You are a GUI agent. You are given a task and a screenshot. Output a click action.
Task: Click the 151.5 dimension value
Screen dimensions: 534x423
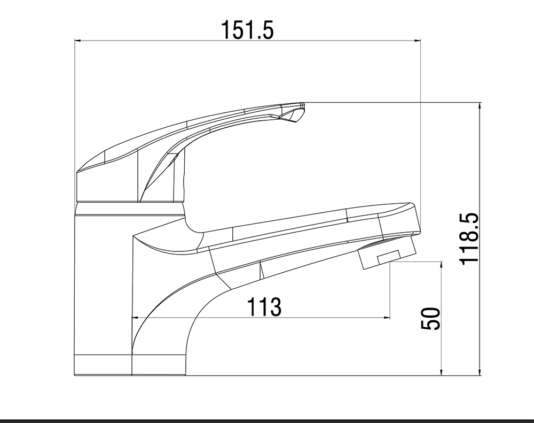click(248, 29)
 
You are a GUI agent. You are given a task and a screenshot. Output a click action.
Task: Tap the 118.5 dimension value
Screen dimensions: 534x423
click(469, 239)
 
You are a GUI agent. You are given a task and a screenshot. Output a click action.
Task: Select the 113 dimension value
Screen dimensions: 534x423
click(264, 306)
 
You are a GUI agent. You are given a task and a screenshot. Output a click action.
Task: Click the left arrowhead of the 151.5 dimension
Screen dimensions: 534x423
click(77, 41)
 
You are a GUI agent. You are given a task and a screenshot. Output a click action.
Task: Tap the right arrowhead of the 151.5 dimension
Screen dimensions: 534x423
click(418, 41)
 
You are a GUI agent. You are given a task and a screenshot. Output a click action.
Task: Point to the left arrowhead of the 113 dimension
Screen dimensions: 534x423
click(135, 318)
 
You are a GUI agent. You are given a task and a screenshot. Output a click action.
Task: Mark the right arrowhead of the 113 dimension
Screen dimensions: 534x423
click(387, 318)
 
